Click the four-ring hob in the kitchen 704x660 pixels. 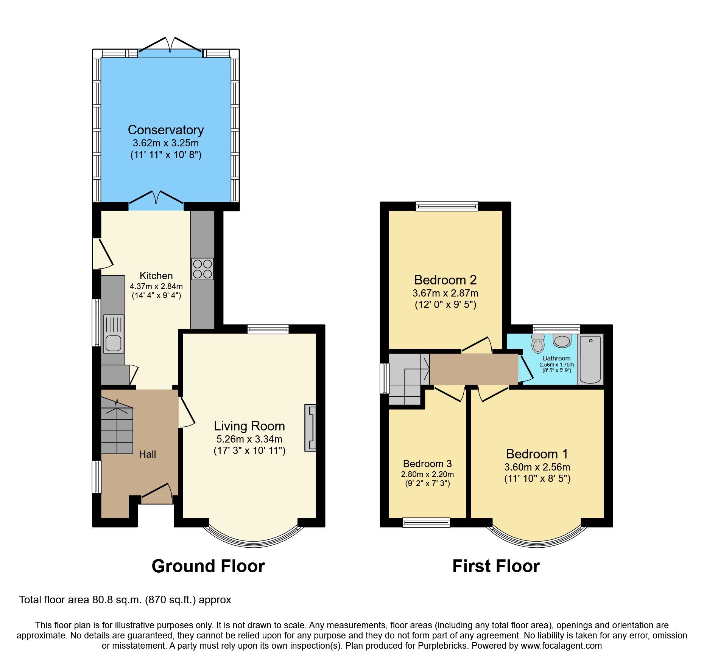[x=202, y=269]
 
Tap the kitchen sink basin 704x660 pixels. [x=113, y=343]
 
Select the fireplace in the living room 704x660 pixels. [x=310, y=428]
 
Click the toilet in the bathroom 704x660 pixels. [x=537, y=343]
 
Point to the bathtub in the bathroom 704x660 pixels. [x=590, y=359]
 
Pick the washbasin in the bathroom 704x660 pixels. [x=562, y=341]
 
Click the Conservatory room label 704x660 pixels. [x=166, y=130]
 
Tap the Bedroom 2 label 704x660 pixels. [x=445, y=280]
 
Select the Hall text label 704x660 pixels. [x=147, y=454]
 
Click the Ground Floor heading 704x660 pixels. [x=208, y=566]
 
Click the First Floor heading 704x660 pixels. [x=496, y=566]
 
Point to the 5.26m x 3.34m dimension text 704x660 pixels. [x=249, y=439]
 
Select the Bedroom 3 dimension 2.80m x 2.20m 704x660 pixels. [x=427, y=474]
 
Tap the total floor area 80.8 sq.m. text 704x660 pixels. [x=125, y=600]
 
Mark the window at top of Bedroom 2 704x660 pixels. [x=447, y=206]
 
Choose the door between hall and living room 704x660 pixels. [x=186, y=412]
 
